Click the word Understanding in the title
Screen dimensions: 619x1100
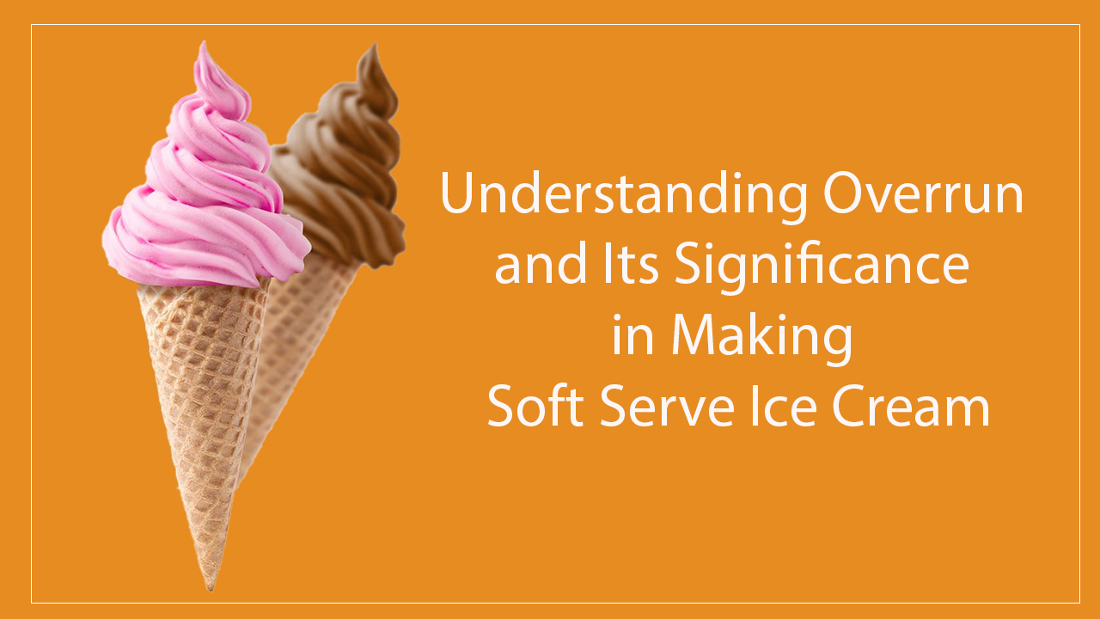[625, 195]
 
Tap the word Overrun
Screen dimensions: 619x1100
[923, 195]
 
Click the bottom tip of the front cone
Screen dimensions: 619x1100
[209, 587]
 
